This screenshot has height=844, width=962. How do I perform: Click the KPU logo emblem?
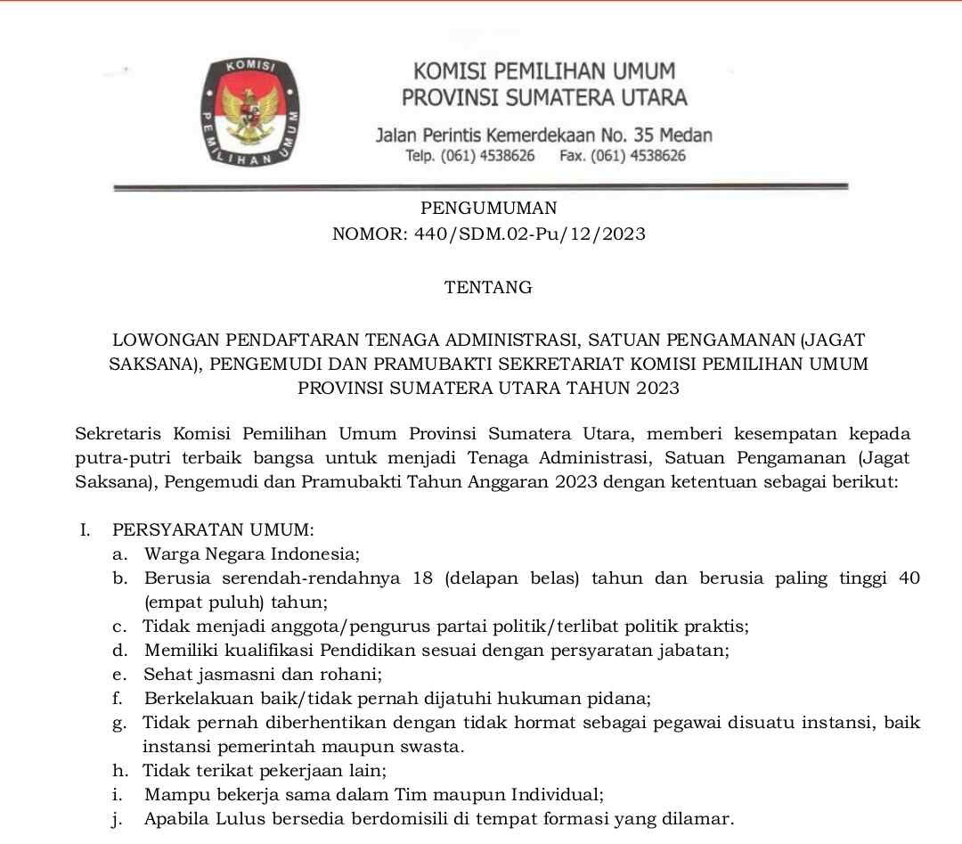[249, 114]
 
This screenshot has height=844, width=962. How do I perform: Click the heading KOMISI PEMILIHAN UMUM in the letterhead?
[544, 70]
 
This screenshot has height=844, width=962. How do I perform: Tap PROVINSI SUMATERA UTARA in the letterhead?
[544, 97]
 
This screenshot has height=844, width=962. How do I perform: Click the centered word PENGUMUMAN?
[489, 209]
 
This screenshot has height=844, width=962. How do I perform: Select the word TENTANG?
[488, 288]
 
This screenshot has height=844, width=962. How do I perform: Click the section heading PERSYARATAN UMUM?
[213, 530]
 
